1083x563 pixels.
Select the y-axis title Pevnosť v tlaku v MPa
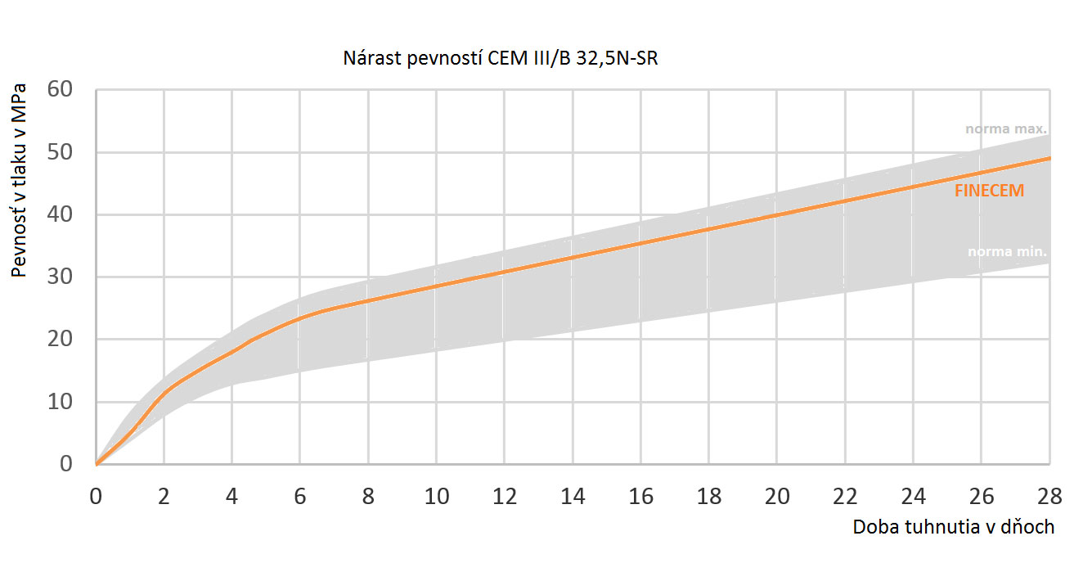coord(20,179)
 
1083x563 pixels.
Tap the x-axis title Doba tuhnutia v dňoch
coord(953,527)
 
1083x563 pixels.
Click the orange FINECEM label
coord(989,191)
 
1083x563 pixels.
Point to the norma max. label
coord(1005,129)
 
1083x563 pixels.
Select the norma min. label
coord(1007,252)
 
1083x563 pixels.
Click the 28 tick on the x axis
coord(1049,496)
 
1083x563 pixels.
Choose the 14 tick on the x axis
coord(573,496)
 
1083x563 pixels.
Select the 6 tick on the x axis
coord(300,496)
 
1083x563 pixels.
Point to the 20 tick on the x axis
coord(776,496)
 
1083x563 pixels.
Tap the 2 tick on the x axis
coord(164,496)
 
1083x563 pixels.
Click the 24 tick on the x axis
coord(913,496)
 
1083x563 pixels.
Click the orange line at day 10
coord(436,286)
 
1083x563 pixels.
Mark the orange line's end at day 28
coord(1049,158)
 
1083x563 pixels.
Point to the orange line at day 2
coord(164,393)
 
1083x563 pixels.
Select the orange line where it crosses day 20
coord(776,215)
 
